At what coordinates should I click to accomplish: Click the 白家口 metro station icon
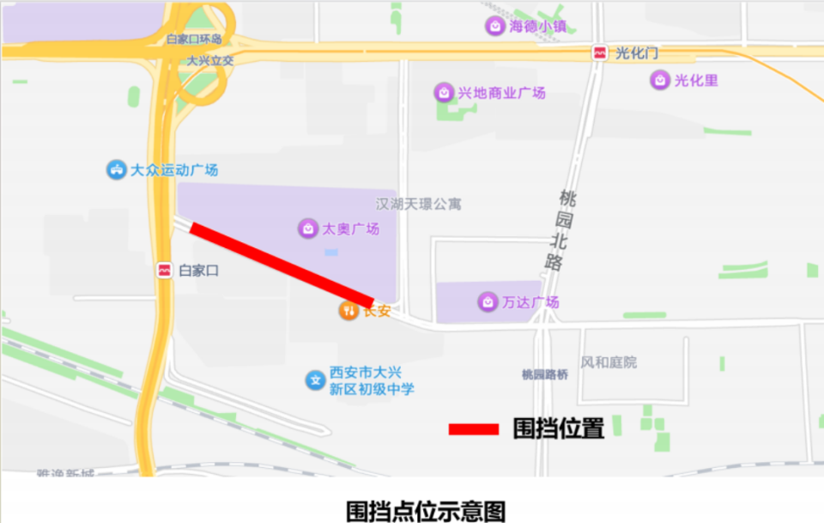164,271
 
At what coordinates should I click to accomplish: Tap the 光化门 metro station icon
598,53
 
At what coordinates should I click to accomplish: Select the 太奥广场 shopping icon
307,228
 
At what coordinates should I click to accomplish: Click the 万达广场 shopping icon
488,301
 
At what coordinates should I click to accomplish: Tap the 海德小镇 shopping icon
495,26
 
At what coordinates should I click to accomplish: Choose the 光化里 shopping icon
659,81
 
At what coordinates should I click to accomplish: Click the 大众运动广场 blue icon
115,170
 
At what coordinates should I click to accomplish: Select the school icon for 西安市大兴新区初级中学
315,380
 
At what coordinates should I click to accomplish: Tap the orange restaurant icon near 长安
348,311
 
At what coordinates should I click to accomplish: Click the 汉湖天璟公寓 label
419,204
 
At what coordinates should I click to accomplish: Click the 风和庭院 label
609,362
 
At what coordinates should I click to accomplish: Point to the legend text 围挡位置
558,429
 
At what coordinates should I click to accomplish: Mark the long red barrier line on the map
282,265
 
